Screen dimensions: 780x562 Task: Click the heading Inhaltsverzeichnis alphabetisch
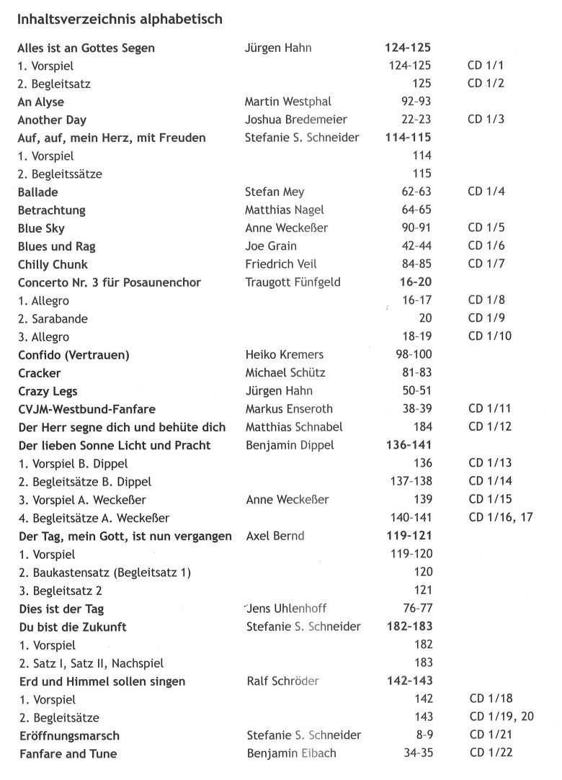[x=120, y=19]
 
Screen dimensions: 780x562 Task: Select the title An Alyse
[x=40, y=102]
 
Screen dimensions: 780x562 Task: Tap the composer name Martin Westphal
[x=287, y=102]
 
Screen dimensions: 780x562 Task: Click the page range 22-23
[x=416, y=120]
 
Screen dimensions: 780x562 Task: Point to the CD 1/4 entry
[x=486, y=192]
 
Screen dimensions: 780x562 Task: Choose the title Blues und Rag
[x=56, y=246]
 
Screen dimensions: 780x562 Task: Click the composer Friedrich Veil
[x=280, y=264]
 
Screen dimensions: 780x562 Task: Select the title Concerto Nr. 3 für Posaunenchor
[x=109, y=282]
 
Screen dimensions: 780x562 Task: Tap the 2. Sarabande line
[x=50, y=318]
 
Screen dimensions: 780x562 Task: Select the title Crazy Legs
[x=47, y=391]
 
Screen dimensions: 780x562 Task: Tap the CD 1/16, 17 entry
[x=500, y=517]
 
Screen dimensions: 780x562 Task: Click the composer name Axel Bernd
[x=275, y=536]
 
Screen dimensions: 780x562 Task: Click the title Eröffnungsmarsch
[x=68, y=736]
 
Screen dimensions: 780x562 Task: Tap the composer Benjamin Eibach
[x=291, y=754]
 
